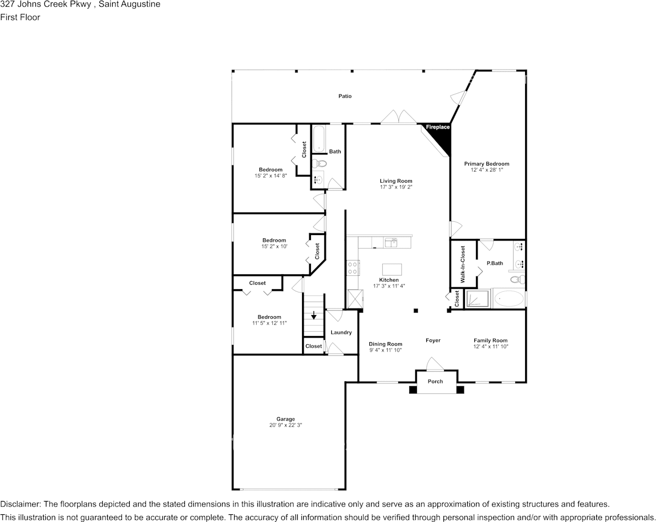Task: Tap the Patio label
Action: coord(345,96)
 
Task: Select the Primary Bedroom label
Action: coord(486,164)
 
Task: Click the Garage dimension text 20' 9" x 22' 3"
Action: coord(285,425)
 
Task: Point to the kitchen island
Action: coord(392,269)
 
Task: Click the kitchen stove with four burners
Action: coord(353,268)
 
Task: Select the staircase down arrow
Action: coord(314,316)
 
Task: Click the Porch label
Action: coord(435,381)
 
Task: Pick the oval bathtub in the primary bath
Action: coord(508,299)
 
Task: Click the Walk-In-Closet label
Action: coord(463,264)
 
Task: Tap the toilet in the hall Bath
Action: coord(319,163)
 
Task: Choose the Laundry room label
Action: coord(341,332)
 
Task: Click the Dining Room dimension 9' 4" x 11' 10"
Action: coord(385,350)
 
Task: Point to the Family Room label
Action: coord(490,340)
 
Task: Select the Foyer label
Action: coord(433,340)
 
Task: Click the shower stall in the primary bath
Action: coord(476,299)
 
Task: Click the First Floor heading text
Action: coord(20,17)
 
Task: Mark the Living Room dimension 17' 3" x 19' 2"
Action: coord(396,187)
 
